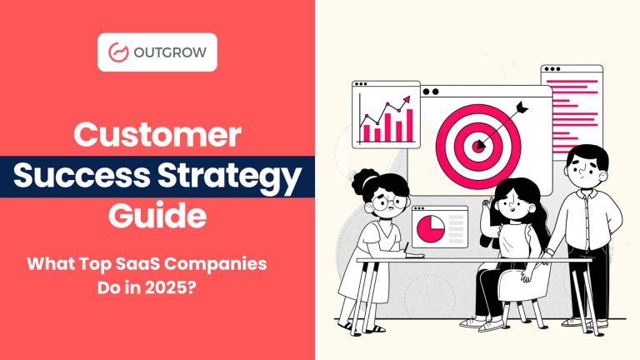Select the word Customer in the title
[x=158, y=135]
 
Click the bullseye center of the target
[x=478, y=146]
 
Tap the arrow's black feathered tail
[x=522, y=107]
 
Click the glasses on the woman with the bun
[x=389, y=201]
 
